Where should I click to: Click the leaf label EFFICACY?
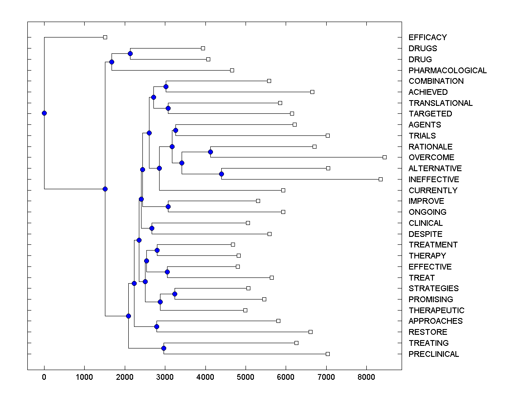point(428,37)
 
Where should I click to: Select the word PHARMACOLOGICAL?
point(447,71)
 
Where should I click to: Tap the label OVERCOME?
point(431,157)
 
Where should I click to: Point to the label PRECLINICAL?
point(433,354)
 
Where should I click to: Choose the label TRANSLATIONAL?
point(440,103)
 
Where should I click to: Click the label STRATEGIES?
point(433,288)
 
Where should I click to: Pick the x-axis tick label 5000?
point(246,376)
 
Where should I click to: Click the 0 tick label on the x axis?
point(44,376)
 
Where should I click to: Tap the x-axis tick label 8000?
point(366,376)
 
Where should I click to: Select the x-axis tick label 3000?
point(165,376)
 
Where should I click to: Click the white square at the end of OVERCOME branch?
point(384,157)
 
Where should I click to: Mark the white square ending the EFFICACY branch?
point(105,37)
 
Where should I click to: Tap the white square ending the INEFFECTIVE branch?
point(380,179)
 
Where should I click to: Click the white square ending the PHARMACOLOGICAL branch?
point(232,70)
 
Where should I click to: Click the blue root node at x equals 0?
point(44,113)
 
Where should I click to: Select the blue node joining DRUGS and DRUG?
point(130,53)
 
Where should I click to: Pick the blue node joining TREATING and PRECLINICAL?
point(164,348)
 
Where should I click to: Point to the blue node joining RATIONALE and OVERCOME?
point(210,152)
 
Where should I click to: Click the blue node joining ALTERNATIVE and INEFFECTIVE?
point(221,174)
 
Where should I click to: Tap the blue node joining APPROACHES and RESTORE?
point(156,326)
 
